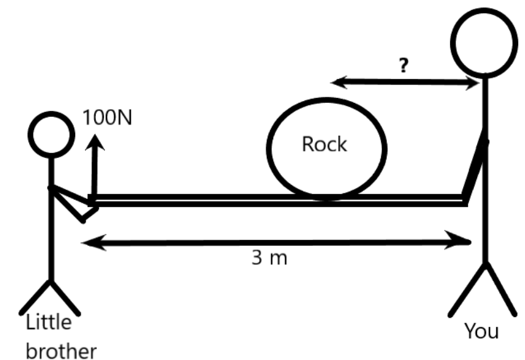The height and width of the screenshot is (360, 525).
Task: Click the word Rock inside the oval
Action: (324, 144)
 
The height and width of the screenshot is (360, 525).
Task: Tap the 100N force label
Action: (107, 118)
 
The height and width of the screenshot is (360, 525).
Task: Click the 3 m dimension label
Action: (265, 258)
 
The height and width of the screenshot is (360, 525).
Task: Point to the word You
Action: (481, 330)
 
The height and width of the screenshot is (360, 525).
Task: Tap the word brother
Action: (61, 349)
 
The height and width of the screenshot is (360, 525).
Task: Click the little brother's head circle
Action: (51, 134)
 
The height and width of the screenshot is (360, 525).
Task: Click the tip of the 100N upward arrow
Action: (95, 142)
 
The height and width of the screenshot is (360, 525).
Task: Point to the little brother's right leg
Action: (66, 298)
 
